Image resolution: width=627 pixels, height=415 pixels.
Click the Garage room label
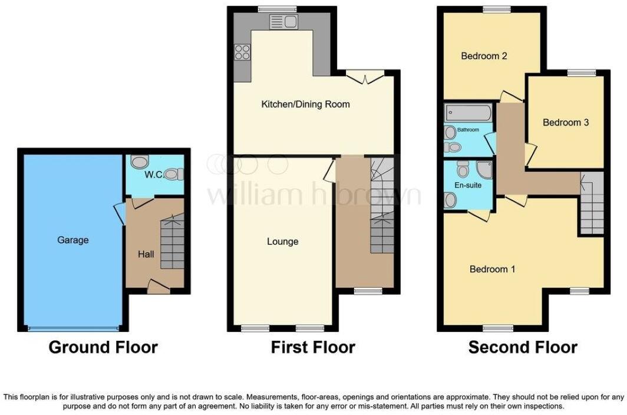click(73, 240)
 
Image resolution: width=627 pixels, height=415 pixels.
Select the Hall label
click(146, 254)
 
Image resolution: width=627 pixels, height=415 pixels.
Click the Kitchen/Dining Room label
click(305, 104)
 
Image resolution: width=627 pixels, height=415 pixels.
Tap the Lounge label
click(282, 241)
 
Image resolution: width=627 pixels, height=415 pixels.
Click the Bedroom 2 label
click(484, 57)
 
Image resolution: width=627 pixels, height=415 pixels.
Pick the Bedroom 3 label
click(566, 123)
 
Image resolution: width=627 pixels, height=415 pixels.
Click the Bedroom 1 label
click(492, 269)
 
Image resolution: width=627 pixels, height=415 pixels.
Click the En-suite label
click(468, 185)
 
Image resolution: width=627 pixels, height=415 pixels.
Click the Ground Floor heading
click(103, 347)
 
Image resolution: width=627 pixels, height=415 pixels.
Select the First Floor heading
click(312, 347)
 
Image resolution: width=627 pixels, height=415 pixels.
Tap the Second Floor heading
click(522, 347)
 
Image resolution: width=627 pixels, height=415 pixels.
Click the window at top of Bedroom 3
click(582, 73)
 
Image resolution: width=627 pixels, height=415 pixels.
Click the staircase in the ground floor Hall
click(172, 243)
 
